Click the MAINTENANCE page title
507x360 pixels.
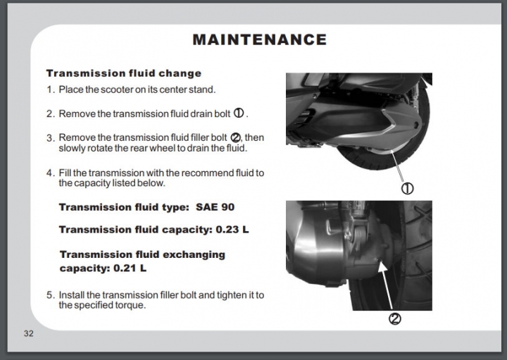260,39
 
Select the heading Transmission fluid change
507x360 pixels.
124,73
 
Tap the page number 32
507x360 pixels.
28,333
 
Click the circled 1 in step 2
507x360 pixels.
239,113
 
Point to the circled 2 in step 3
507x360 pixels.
235,137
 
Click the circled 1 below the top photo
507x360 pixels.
408,188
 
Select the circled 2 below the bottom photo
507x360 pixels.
395,319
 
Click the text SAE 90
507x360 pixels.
215,207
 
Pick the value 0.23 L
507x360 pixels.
232,230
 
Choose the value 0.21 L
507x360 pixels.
130,268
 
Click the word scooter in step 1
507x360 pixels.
117,89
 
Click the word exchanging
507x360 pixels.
194,255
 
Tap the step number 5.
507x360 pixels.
50,295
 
